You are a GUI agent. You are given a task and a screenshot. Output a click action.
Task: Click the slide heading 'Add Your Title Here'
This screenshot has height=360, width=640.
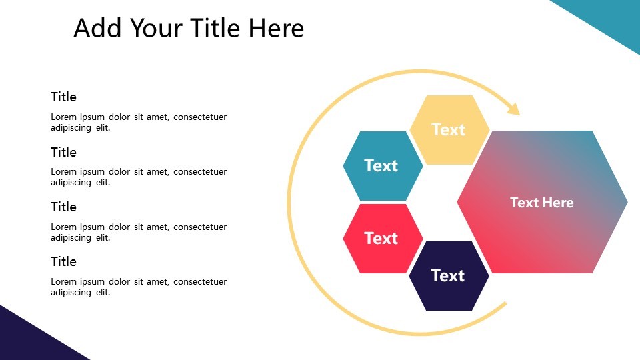pos(189,28)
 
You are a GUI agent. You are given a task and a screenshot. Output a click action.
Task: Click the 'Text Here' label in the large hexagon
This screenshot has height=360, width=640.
pos(541,202)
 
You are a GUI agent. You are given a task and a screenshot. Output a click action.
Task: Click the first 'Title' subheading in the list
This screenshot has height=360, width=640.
pos(63,97)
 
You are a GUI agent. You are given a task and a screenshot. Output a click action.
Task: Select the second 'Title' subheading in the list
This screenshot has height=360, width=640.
pos(63,152)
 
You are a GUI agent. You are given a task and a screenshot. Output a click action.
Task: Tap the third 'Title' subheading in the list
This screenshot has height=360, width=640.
pos(63,207)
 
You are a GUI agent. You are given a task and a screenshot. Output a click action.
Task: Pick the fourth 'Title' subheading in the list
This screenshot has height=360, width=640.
pos(63,261)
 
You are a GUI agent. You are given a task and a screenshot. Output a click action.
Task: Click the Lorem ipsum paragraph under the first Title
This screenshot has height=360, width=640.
pos(139,122)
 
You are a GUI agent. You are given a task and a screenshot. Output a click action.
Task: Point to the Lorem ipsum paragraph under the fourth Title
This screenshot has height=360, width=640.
pos(139,287)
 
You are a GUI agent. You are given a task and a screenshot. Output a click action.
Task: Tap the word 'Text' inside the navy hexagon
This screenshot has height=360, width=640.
pos(447,275)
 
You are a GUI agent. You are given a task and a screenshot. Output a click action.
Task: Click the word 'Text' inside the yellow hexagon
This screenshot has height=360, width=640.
pos(448,129)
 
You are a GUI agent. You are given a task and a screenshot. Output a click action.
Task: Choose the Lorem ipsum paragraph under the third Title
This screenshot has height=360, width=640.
pos(139,232)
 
